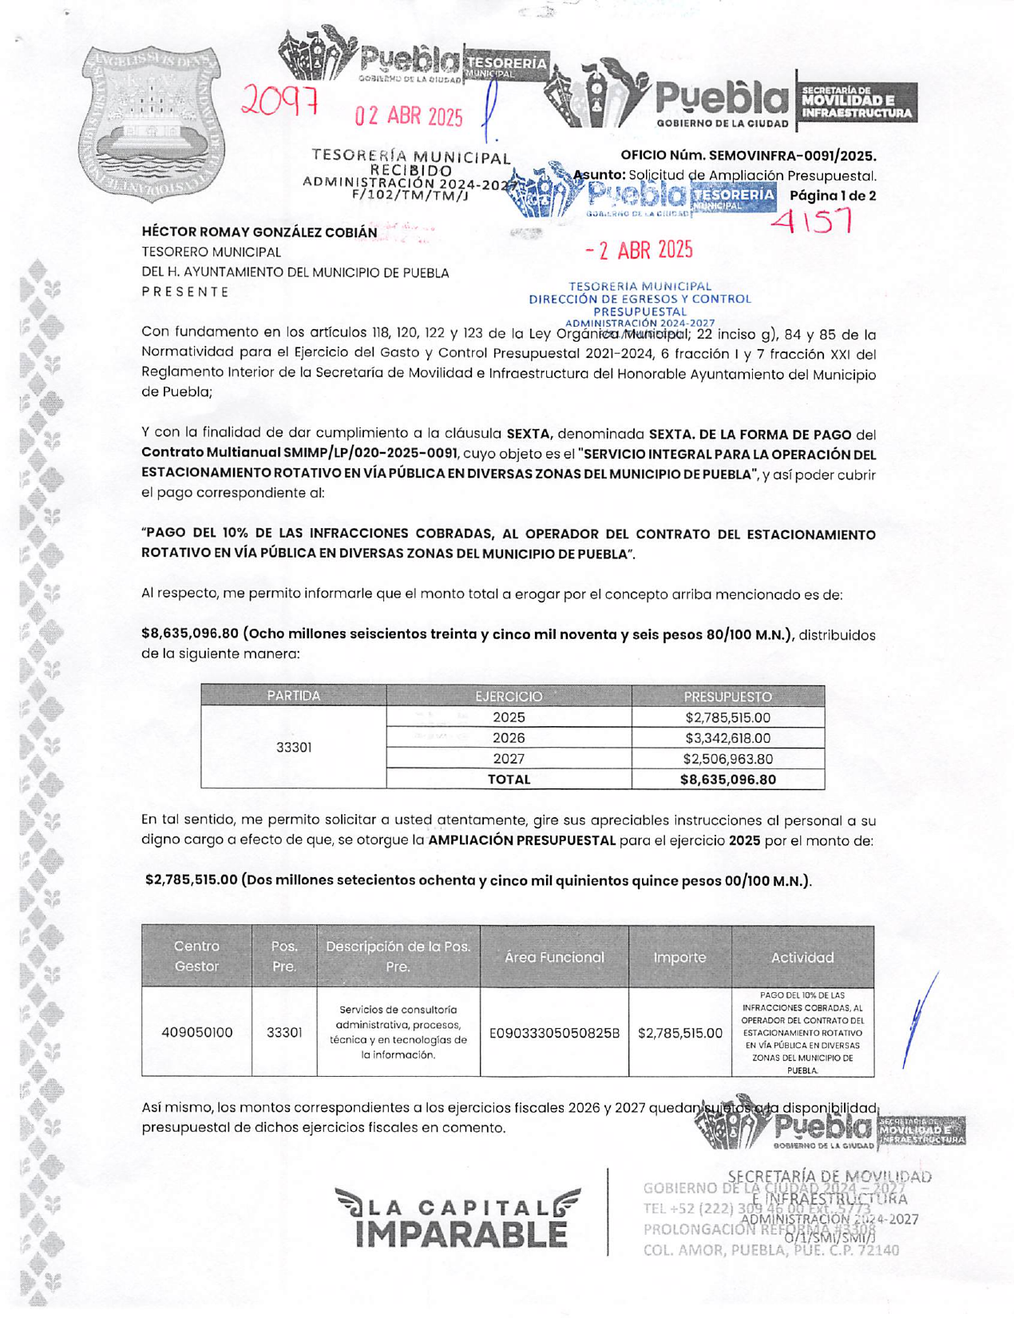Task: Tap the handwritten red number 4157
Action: [x=813, y=220]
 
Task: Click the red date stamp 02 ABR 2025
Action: [x=409, y=117]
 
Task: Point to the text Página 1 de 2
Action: [x=832, y=196]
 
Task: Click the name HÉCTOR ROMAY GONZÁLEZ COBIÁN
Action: [x=259, y=232]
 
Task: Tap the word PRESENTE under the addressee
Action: [x=185, y=292]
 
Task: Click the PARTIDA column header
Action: [x=293, y=696]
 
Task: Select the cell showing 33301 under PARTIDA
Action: [x=293, y=748]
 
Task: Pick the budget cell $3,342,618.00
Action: [x=727, y=738]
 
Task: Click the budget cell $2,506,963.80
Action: [x=727, y=759]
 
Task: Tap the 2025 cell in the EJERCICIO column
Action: [x=509, y=717]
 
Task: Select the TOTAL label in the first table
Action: [x=509, y=780]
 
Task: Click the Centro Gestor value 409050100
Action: [x=196, y=1032]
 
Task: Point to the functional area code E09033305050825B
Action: [x=554, y=1032]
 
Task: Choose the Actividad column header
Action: [x=802, y=957]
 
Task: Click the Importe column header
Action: [x=679, y=957]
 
